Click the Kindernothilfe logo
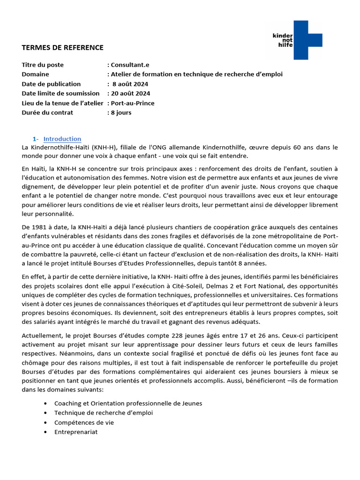[x=297, y=40]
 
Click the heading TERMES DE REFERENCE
[x=62, y=47]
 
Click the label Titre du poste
[x=43, y=65]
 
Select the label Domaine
[x=35, y=74]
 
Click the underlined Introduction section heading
[x=62, y=139]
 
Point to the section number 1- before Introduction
[x=36, y=139]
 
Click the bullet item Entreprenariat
[x=75, y=432]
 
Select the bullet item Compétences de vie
[x=84, y=422]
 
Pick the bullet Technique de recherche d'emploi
[x=103, y=412]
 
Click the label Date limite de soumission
[x=60, y=93]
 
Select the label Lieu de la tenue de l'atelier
[x=62, y=103]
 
